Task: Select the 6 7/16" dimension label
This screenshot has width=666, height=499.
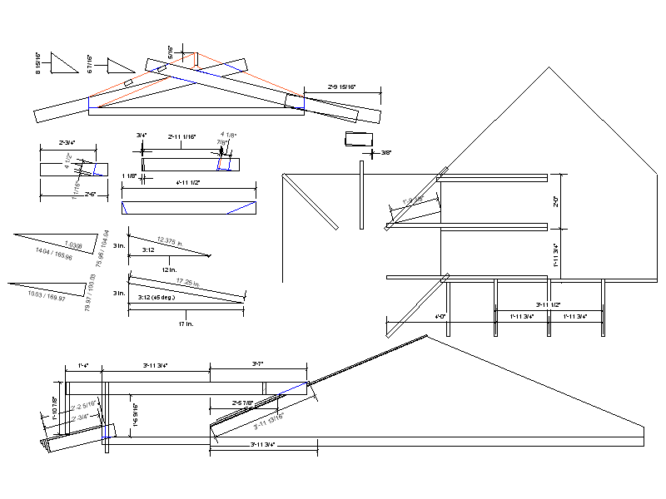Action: pos(90,64)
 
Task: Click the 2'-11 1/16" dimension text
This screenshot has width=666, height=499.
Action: pos(182,136)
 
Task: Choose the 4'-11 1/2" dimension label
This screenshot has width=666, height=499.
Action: pos(188,182)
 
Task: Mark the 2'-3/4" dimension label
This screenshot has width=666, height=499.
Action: pos(67,143)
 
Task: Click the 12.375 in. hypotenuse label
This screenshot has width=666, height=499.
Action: pos(171,241)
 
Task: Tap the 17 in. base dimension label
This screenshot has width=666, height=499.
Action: pos(186,324)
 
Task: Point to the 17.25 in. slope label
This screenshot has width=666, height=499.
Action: pos(190,284)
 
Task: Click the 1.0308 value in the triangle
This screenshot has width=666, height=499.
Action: pos(73,245)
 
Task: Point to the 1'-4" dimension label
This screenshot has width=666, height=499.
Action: pos(83,365)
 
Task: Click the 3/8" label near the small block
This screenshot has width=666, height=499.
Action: pos(385,152)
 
